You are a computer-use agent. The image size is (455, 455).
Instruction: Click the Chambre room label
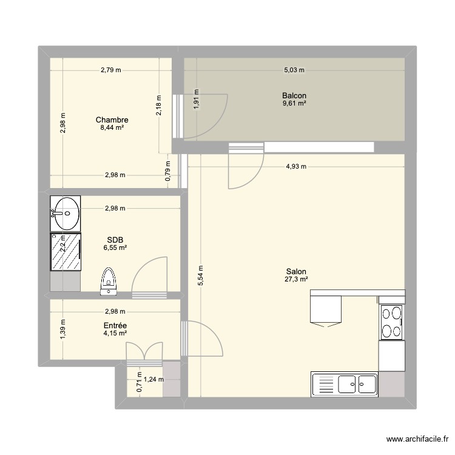point(115,120)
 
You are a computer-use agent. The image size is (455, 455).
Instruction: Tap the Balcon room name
point(294,96)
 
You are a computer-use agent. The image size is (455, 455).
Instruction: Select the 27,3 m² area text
point(296,280)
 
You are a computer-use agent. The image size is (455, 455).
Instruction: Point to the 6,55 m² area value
point(115,248)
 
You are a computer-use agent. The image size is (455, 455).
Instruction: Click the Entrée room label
point(115,325)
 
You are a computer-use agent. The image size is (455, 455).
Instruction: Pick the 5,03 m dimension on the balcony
point(294,70)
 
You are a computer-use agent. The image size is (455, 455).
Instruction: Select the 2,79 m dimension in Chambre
point(111,70)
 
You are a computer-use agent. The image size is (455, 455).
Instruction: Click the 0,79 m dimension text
point(168,166)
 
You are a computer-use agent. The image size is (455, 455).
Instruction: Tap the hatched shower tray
point(66,251)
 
